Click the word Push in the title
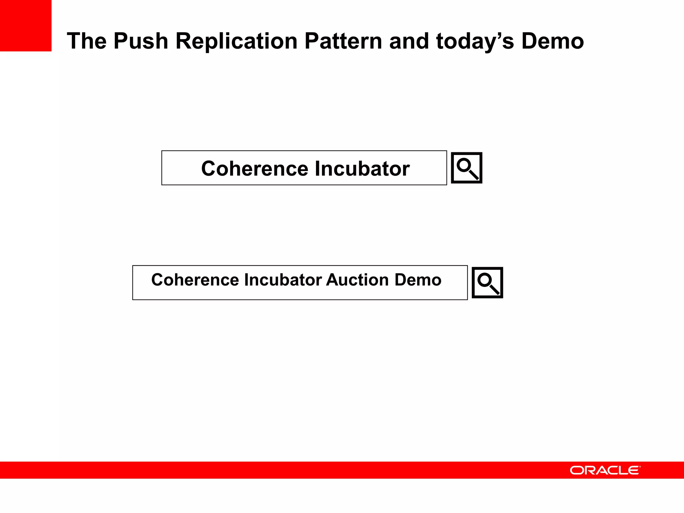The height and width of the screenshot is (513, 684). (141, 41)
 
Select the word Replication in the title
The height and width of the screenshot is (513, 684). (236, 41)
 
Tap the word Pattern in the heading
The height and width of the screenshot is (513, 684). (343, 41)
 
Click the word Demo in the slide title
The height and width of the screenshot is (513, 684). (552, 41)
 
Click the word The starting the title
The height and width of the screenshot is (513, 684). (87, 41)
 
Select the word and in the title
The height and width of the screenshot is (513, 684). (409, 41)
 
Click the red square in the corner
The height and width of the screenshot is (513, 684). (25, 25)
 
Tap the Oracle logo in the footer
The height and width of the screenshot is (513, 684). (605, 470)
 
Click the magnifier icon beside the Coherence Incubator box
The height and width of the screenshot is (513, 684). (466, 168)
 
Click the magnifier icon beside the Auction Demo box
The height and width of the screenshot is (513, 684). (487, 283)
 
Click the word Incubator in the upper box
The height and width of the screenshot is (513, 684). (362, 168)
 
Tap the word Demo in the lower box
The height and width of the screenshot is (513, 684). (418, 280)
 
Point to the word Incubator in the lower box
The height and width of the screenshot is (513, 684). (283, 280)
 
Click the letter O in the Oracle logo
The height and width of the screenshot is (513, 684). (577, 470)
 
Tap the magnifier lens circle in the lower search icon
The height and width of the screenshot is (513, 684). (485, 280)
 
